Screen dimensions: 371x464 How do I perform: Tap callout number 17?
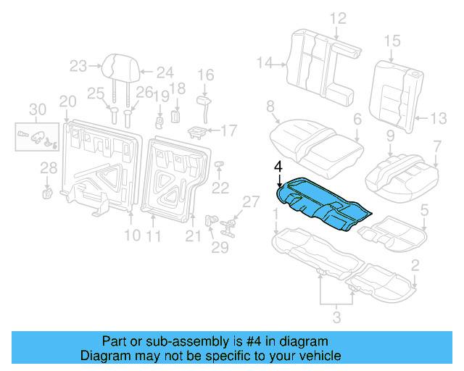coord(228,130)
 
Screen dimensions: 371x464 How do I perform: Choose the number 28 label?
coord(49,168)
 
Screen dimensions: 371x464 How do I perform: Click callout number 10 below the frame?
coord(131,235)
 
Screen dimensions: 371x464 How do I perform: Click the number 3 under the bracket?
coord(336,316)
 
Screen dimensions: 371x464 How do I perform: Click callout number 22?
coord(220,188)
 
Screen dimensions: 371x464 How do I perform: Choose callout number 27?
coord(250,201)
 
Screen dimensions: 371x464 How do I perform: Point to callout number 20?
coord(67,101)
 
